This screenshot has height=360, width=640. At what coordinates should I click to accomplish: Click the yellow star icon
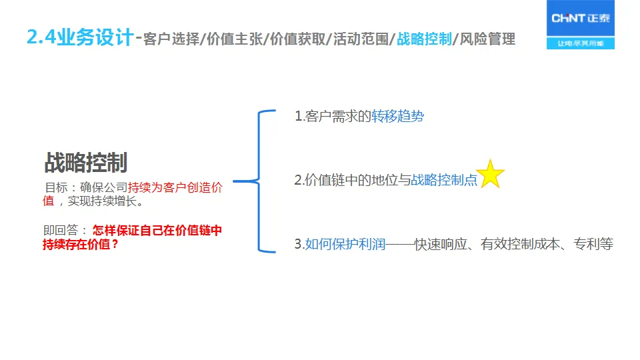(x=491, y=174)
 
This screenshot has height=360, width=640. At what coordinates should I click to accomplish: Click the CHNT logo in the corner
(x=580, y=19)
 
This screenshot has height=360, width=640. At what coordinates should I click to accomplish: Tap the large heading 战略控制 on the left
(x=86, y=162)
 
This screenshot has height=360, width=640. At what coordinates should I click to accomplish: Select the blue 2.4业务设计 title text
(x=81, y=37)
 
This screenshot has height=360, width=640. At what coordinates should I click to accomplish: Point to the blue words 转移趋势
(x=397, y=117)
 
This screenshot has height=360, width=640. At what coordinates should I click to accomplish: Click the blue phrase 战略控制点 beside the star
(x=444, y=180)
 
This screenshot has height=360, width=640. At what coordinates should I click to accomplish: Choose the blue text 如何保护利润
(x=345, y=244)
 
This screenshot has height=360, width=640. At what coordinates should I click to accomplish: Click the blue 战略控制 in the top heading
(x=424, y=39)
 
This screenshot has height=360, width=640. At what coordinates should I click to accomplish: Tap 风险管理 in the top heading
(x=487, y=39)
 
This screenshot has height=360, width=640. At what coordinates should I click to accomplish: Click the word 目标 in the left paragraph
(x=55, y=187)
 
